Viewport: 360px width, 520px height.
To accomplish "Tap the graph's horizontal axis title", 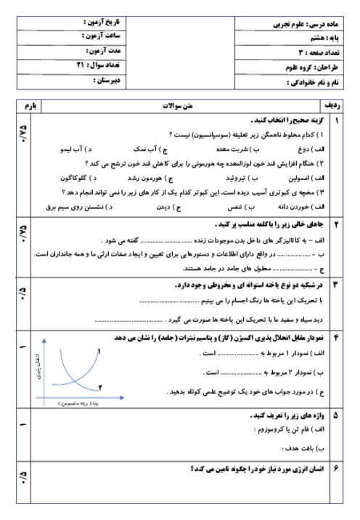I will click(71, 402).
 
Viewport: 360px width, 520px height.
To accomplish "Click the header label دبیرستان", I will click(106, 81).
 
